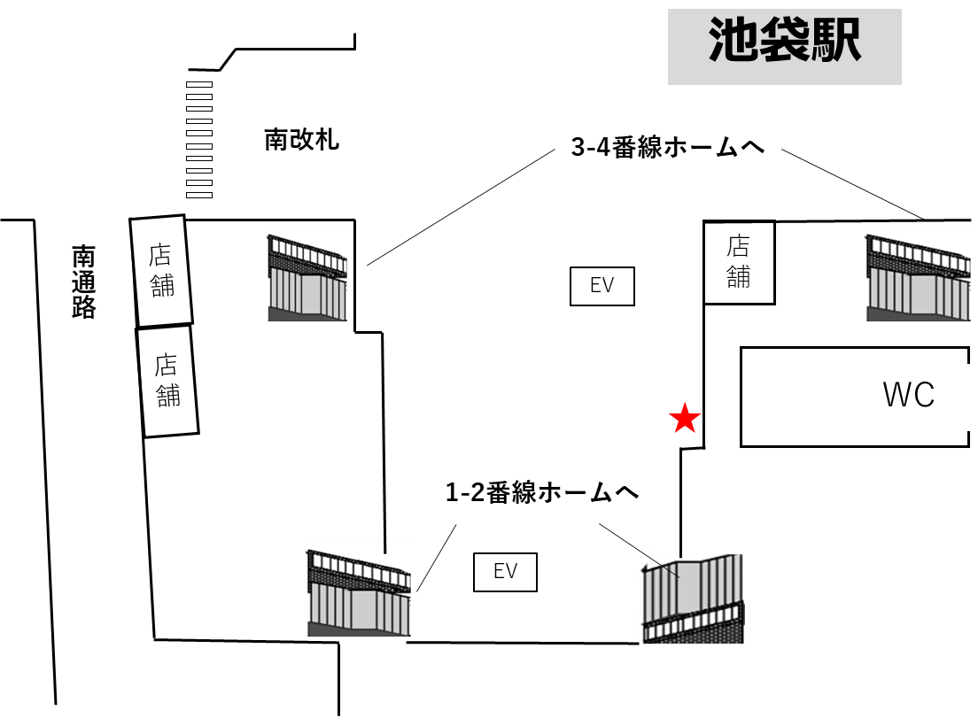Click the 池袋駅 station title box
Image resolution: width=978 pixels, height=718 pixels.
(x=784, y=46)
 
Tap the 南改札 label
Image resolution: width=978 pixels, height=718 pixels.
(x=301, y=140)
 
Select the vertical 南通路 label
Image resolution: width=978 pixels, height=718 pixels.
(x=82, y=281)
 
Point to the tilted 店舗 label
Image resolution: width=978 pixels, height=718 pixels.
(x=161, y=271)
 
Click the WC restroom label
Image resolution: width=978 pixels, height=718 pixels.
(x=908, y=397)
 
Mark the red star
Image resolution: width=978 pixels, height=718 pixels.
(x=685, y=419)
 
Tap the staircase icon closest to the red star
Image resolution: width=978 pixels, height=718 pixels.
(x=690, y=596)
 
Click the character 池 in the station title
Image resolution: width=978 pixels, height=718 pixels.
(x=733, y=41)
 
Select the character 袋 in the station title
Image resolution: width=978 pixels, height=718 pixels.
(x=785, y=41)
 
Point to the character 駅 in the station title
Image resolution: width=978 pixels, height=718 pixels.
(x=835, y=41)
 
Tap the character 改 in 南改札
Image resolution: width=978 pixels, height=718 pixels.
(x=302, y=140)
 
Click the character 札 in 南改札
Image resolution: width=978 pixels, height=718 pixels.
(x=327, y=140)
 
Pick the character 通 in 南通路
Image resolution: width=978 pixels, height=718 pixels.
(x=83, y=282)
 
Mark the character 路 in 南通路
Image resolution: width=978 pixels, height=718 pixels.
(x=83, y=306)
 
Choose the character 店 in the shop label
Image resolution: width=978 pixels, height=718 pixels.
(x=159, y=255)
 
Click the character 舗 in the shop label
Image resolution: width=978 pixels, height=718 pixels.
(x=163, y=286)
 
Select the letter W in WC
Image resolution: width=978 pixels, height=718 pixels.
(x=896, y=396)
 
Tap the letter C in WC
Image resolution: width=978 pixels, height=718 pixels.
(x=924, y=396)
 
